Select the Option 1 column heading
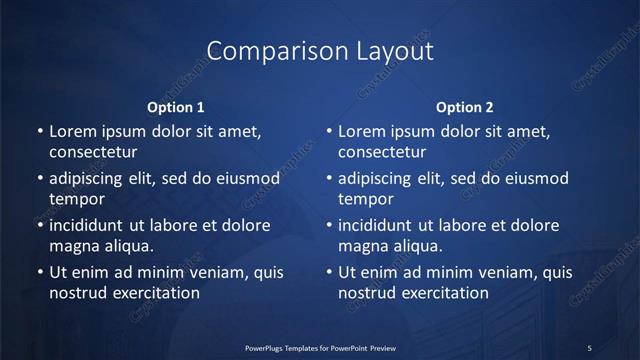coord(176,107)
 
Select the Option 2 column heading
coord(465,107)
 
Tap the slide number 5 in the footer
coord(590,348)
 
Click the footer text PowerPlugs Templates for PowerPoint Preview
coord(320,348)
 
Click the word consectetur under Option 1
coord(93,153)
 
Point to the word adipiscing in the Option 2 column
coord(377,179)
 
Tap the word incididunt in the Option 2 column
coord(378,225)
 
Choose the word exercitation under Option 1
coord(155,293)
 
